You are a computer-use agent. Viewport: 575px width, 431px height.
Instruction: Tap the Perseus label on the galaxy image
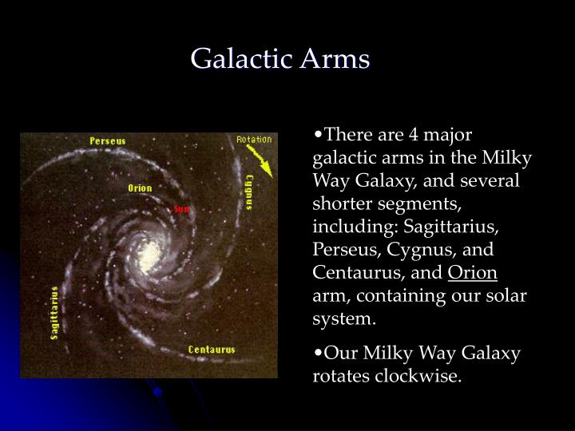pyautogui.click(x=107, y=140)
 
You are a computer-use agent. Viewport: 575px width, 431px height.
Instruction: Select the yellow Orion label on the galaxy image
pyautogui.click(x=140, y=188)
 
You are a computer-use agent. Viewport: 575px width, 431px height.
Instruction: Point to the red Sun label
pyautogui.click(x=181, y=208)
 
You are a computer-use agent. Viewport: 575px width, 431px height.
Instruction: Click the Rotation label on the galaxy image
pyautogui.click(x=253, y=140)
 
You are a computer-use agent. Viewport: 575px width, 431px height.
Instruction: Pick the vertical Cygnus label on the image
pyautogui.click(x=249, y=192)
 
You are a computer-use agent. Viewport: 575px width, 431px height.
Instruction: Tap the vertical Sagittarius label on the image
pyautogui.click(x=54, y=313)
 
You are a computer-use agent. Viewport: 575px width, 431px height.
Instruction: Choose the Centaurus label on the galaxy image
pyautogui.click(x=211, y=350)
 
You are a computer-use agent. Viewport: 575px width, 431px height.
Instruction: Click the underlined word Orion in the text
pyautogui.click(x=473, y=274)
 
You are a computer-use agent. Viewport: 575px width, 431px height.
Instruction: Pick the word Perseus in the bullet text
pyautogui.click(x=343, y=251)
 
